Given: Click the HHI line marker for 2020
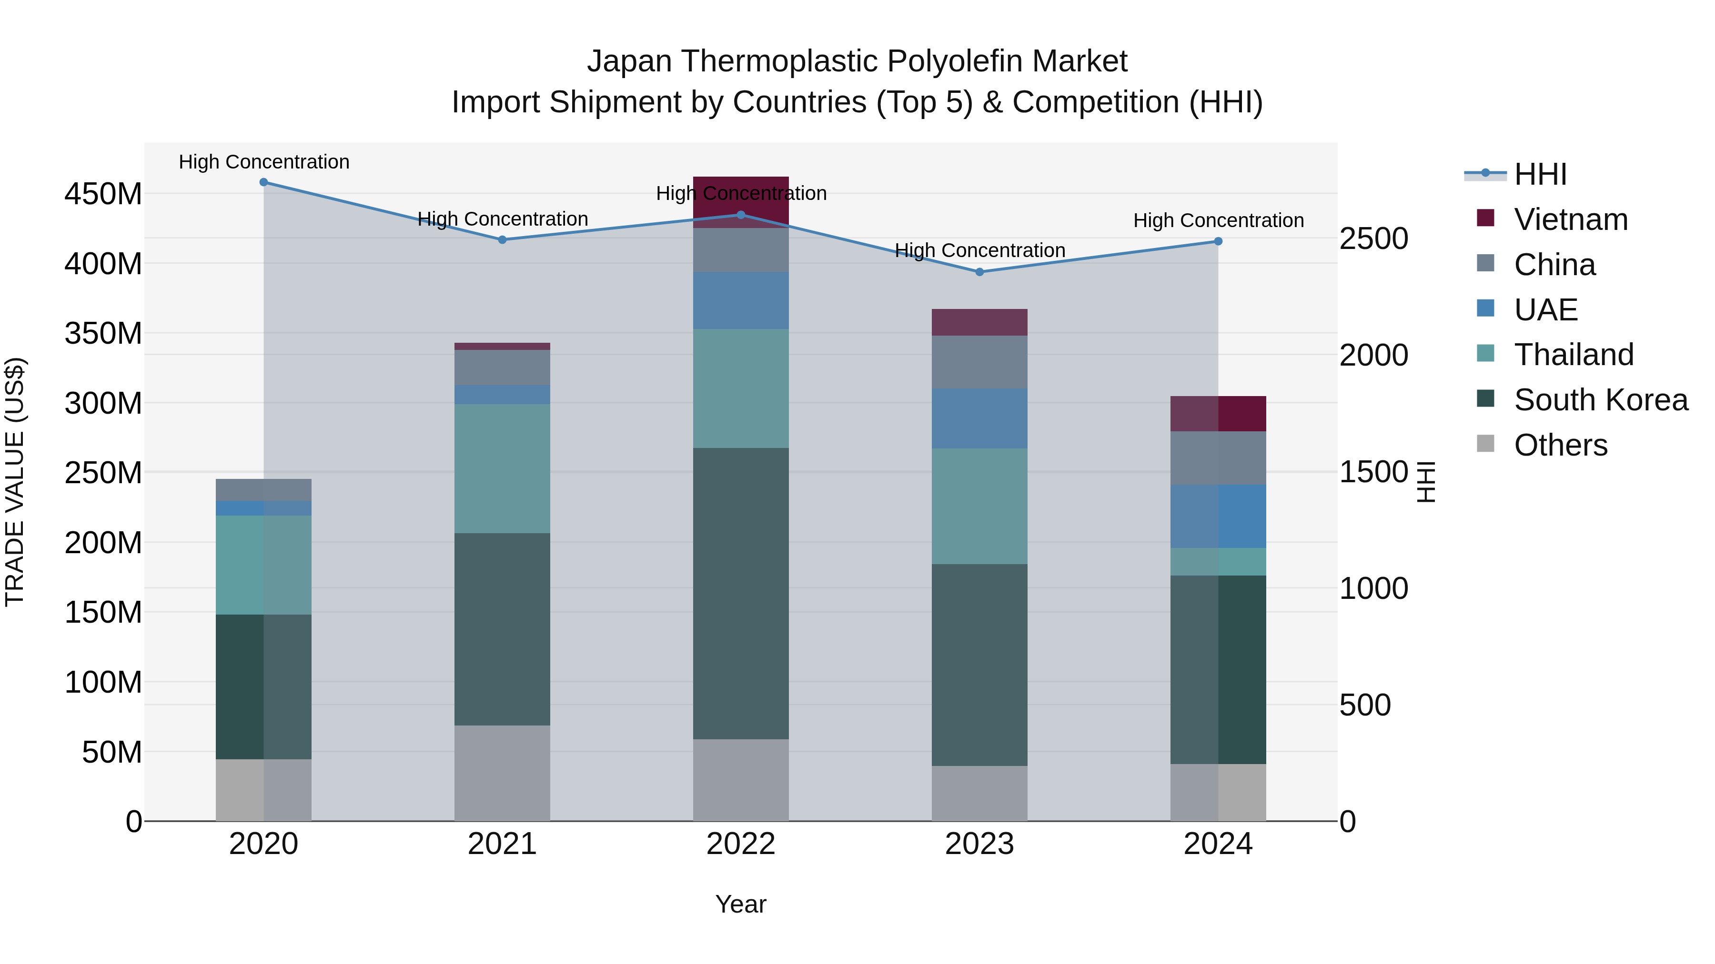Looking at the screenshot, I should [263, 182].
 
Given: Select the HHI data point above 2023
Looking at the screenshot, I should [979, 272].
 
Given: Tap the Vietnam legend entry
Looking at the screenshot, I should [1571, 219].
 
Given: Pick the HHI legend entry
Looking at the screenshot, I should [1540, 174].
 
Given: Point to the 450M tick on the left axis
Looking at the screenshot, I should [103, 194].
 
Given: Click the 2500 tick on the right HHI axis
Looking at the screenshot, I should [1373, 239].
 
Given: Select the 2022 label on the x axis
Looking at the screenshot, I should [740, 844].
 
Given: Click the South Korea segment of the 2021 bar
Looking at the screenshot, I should [502, 629].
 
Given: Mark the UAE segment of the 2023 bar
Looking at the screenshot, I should [979, 418].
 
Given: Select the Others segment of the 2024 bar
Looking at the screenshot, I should [1218, 792].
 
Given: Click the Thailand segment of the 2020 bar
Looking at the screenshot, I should [263, 565].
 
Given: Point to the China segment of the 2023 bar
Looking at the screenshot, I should [979, 362].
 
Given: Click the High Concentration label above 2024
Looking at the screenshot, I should [1218, 220].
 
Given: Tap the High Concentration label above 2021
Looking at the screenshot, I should [502, 219].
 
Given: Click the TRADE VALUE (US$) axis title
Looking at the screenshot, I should [15, 482].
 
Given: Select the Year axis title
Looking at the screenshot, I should [740, 904].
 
